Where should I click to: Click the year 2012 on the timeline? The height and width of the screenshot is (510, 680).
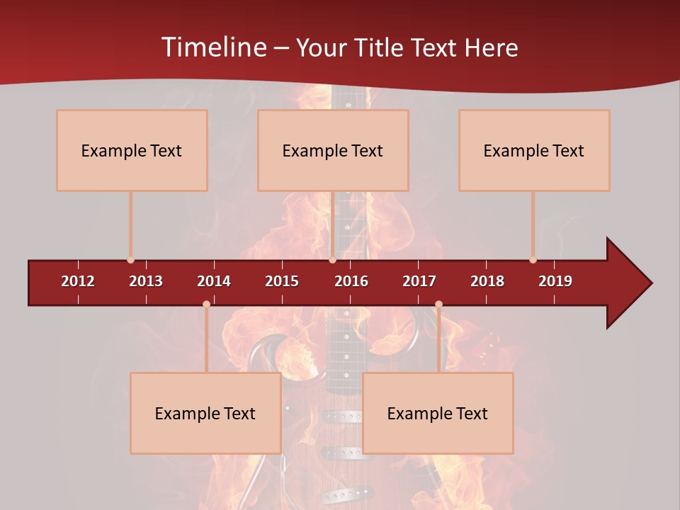78,281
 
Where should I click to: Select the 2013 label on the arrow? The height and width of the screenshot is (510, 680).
146,281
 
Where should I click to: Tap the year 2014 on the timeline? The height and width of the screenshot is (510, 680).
214,281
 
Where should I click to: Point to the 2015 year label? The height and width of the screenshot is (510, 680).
282,281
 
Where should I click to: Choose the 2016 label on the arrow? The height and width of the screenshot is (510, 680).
351,281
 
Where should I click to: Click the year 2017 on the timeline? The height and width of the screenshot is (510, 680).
419,281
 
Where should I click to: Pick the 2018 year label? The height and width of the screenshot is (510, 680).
487,281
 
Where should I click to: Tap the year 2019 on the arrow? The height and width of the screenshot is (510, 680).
555,281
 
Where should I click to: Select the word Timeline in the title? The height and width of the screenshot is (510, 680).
212,47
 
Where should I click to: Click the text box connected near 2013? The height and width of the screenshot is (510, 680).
132,150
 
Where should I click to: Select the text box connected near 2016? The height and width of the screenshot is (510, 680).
333,150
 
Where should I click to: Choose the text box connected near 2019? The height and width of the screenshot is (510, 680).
534,150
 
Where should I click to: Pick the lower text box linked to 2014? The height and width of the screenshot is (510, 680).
205,413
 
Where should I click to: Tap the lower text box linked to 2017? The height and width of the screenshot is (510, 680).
438,413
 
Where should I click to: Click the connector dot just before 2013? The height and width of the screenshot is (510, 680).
130,260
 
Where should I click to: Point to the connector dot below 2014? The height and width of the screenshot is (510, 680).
206,305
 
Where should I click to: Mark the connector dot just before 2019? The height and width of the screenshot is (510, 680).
533,260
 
